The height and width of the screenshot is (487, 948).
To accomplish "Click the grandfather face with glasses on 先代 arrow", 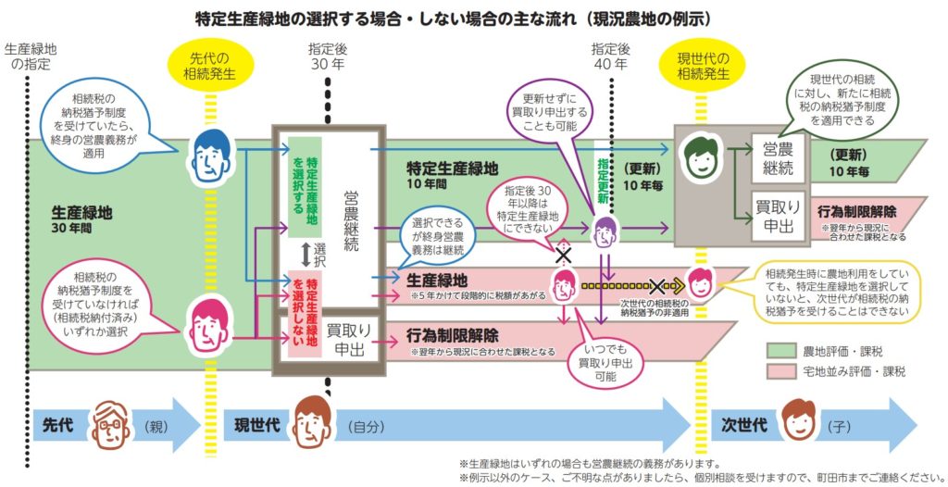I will coord(111,425).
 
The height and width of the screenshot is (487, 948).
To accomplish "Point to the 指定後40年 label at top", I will coord(609,57).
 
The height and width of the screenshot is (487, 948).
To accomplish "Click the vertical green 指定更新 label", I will coord(603,176).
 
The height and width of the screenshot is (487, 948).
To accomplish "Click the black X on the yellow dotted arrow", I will coord(658,286).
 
